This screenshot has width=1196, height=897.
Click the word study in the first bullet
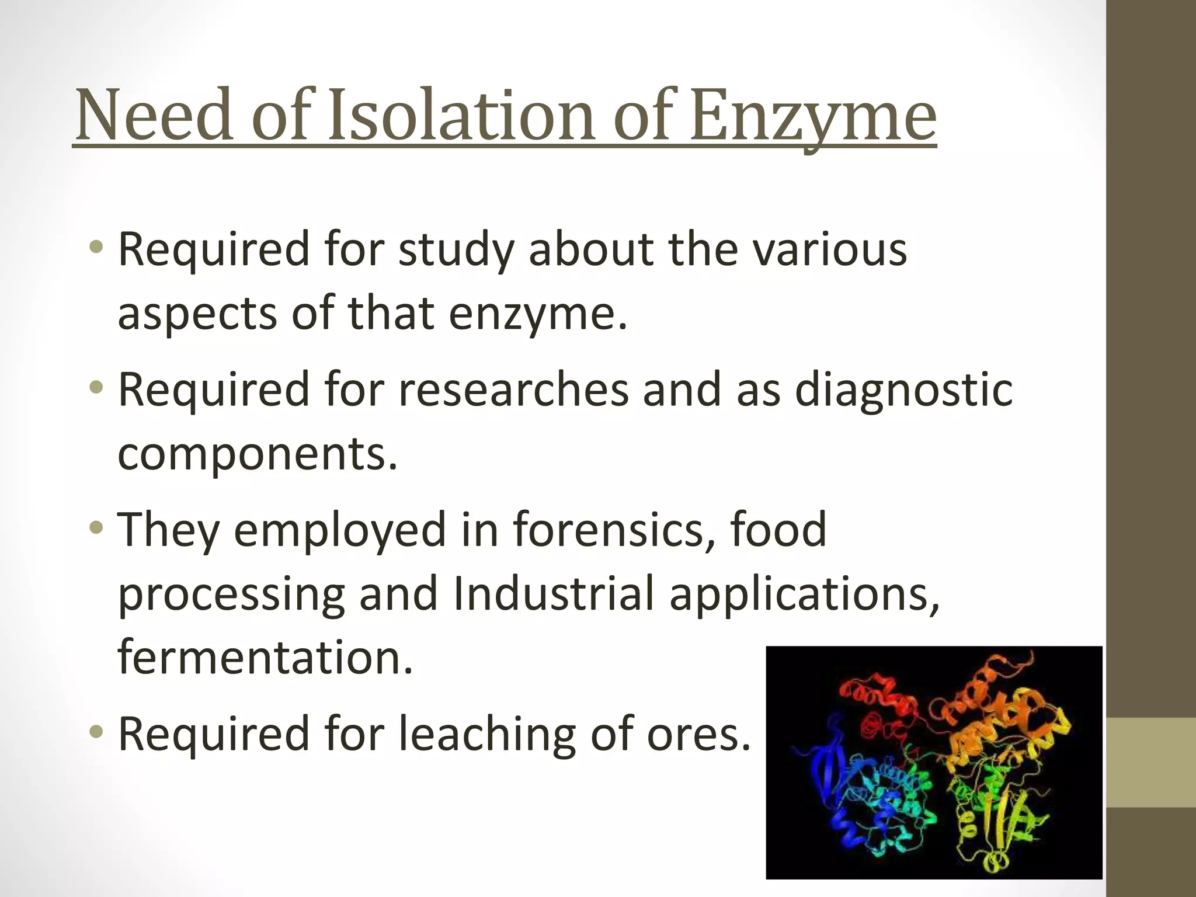[x=456, y=250]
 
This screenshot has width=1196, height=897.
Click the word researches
[x=513, y=390]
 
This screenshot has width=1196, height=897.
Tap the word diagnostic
[x=903, y=391]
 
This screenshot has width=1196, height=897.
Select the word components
[x=258, y=453]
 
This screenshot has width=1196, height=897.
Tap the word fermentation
[x=265, y=657]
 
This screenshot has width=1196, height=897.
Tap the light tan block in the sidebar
[x=1151, y=763]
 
